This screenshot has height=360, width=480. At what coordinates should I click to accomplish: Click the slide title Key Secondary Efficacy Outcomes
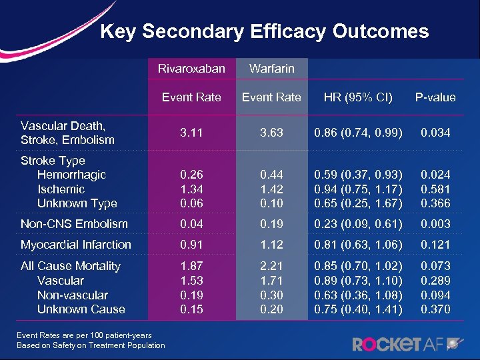click(x=264, y=31)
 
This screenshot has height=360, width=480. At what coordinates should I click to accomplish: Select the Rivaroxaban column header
click(x=191, y=68)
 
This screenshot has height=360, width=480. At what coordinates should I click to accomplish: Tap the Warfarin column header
click(x=271, y=68)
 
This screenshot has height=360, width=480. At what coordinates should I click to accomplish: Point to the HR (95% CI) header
click(x=358, y=97)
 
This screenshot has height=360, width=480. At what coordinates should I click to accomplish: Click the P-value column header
click(x=435, y=97)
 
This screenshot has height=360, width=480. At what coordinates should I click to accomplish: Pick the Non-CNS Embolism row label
click(x=75, y=224)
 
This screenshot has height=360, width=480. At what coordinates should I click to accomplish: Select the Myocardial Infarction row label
click(x=76, y=245)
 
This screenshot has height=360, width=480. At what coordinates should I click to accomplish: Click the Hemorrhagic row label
click(x=72, y=175)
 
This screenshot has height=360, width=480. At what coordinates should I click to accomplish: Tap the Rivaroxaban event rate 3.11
click(x=191, y=133)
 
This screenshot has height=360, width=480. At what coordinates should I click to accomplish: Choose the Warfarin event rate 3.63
click(x=271, y=133)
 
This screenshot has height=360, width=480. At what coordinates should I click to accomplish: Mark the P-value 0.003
click(x=435, y=224)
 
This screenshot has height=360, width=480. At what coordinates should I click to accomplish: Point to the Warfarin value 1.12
click(x=271, y=245)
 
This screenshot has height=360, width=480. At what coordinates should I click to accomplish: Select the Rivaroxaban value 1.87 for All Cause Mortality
click(x=191, y=266)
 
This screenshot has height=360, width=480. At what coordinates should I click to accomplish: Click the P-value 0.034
click(x=435, y=133)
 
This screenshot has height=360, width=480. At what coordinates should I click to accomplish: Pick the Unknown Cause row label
click(x=81, y=309)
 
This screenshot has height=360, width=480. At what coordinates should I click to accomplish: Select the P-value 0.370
click(x=435, y=309)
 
